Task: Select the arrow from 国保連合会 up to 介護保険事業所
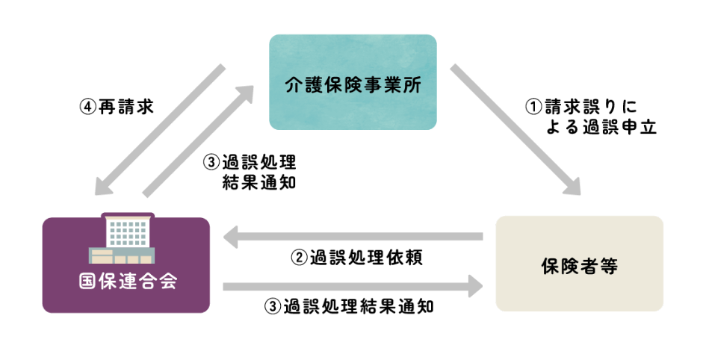pyautogui.click(x=198, y=141)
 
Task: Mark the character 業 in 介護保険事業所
pyautogui.click(x=388, y=85)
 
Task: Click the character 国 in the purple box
pyautogui.click(x=87, y=282)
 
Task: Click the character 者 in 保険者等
pyautogui.click(x=589, y=266)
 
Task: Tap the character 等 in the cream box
pyautogui.click(x=609, y=266)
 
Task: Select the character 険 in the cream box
pyautogui.click(x=570, y=266)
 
